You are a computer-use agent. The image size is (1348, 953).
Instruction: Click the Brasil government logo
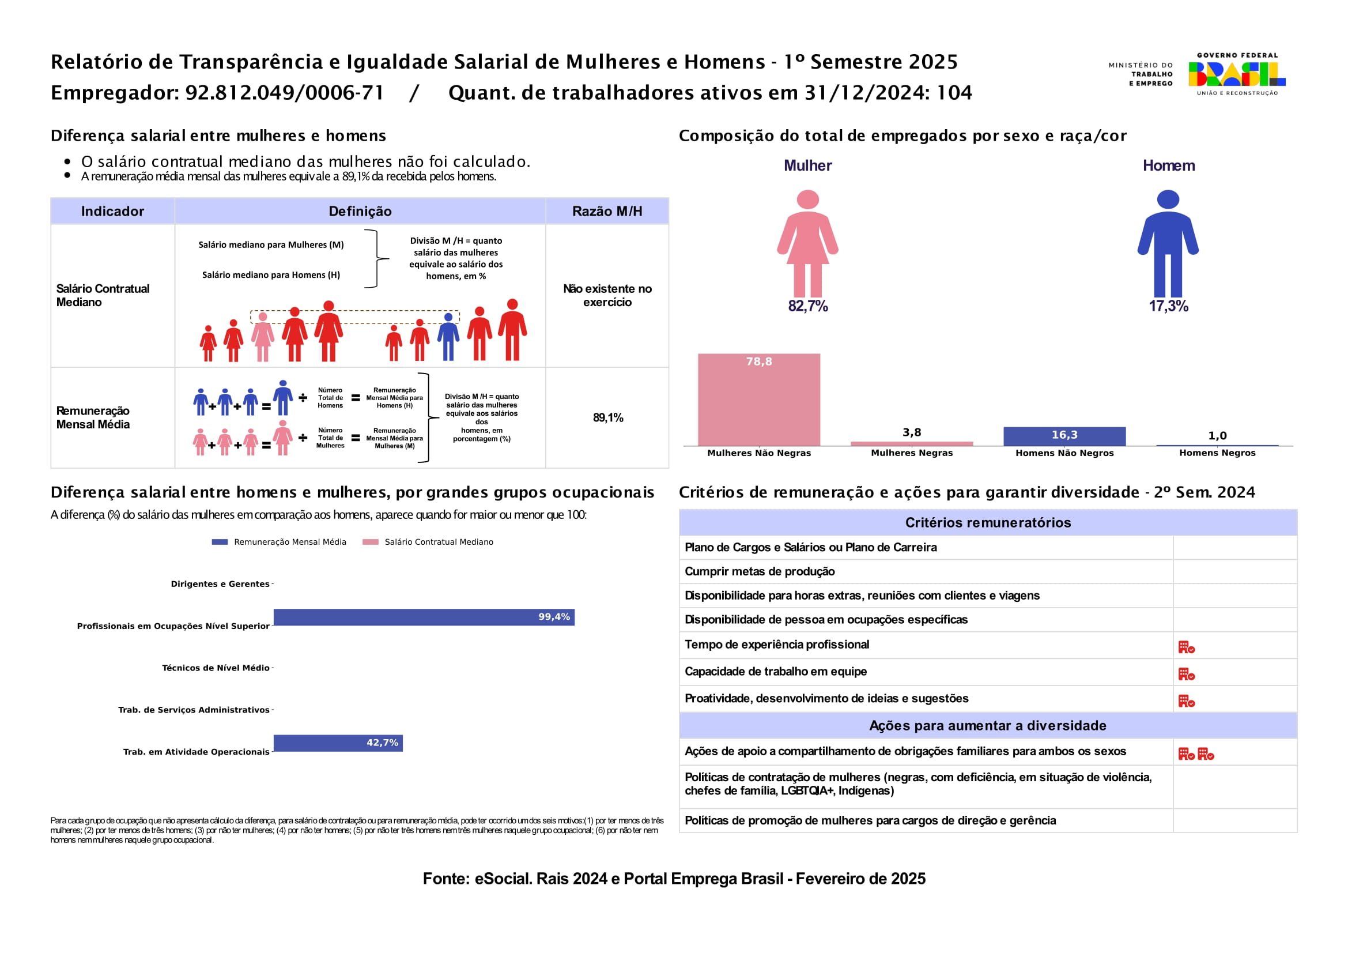pos(1236,74)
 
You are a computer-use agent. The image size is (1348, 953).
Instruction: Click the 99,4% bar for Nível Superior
pos(424,617)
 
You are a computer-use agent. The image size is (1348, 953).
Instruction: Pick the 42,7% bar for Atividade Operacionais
pos(338,743)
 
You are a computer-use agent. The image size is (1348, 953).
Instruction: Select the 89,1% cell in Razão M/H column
pos(607,418)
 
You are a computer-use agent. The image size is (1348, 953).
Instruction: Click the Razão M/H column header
pos(607,212)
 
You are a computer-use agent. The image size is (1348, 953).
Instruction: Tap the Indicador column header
pos(112,212)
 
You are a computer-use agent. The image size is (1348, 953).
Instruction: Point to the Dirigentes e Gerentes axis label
pos(220,583)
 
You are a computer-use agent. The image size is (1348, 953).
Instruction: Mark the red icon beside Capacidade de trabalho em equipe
pos(1186,673)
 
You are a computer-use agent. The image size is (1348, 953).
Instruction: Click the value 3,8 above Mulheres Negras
pos(911,432)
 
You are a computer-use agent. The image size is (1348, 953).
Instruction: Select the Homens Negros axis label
pos(1217,453)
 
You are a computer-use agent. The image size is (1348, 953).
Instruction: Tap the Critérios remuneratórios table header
pos(988,522)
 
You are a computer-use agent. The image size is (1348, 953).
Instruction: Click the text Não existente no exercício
pos(607,295)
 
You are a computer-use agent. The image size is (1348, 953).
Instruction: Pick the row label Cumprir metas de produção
pos(759,571)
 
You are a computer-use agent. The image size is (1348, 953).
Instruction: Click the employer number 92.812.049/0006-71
pos(284,93)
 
